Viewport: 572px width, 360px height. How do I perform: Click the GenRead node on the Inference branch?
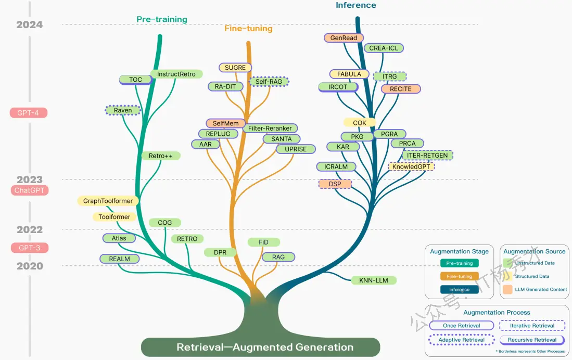pos(344,37)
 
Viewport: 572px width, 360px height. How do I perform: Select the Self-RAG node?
pos(269,82)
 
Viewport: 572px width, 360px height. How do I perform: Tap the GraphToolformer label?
pos(108,201)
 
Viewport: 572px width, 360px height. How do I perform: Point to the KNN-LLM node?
pos(374,280)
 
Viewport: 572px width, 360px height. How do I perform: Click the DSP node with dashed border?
pos(335,184)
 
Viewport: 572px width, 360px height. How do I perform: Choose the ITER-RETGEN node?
pos(427,156)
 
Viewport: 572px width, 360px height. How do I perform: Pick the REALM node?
pos(120,259)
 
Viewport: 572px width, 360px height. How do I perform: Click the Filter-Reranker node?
pos(270,128)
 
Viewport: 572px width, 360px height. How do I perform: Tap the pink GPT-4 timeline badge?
pos(29,113)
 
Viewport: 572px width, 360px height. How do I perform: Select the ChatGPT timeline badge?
pos(29,190)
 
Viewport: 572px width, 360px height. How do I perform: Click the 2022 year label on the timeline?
pos(30,230)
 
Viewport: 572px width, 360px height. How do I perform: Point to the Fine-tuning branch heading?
pos(248,29)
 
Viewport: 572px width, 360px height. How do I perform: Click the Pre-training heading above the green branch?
pos(162,19)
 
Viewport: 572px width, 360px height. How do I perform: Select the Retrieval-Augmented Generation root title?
pos(265,347)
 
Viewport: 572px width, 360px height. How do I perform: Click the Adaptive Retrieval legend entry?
pos(462,340)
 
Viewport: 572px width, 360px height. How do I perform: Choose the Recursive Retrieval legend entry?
pos(532,340)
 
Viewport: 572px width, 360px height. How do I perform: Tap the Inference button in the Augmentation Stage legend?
pos(459,290)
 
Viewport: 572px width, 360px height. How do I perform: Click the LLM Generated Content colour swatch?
pos(508,290)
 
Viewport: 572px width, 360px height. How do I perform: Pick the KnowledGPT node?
pos(411,166)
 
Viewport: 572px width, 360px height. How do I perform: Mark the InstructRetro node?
pos(176,74)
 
